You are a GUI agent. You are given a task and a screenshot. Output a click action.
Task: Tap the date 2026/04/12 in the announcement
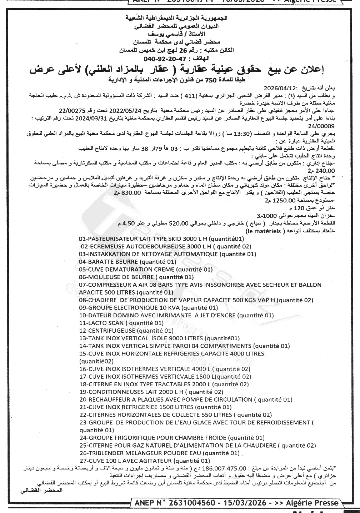point(278,88)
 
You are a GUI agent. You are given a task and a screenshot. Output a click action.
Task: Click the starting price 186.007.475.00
point(224,468)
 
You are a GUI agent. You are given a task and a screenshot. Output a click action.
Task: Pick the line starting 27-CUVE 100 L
point(144,461)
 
